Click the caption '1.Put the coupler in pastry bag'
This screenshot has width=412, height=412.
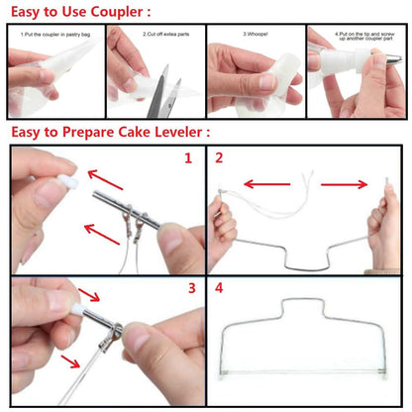55,33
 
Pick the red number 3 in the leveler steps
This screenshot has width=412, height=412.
189,289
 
